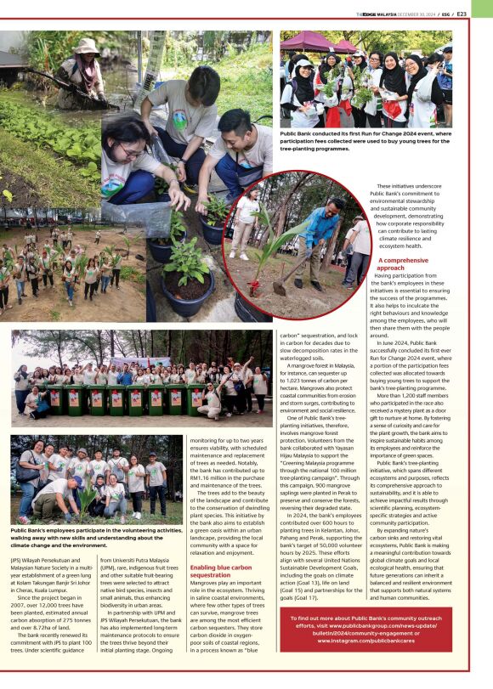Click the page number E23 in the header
pos(484,14)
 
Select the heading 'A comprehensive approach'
pos(404,263)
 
